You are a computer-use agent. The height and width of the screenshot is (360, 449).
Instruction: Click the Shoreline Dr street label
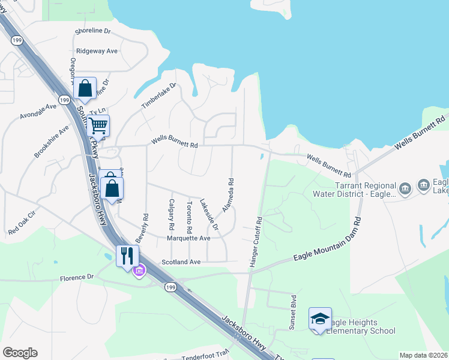pyautogui.click(x=94, y=31)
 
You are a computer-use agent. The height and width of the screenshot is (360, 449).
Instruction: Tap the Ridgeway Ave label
pyautogui.click(x=97, y=52)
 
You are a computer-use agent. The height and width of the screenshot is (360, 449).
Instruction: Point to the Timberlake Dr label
pyautogui.click(x=158, y=96)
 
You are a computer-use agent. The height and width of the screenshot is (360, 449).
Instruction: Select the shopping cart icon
pyautogui.click(x=98, y=126)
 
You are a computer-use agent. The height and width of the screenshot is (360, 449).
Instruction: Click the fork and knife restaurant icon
pyautogui.click(x=127, y=256)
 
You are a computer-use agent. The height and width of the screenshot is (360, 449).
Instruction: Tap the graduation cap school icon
pyautogui.click(x=320, y=319)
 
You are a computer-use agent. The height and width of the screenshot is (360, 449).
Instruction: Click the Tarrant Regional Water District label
pyautogui.click(x=354, y=190)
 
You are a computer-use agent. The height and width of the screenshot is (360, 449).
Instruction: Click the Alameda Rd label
pyautogui.click(x=228, y=194)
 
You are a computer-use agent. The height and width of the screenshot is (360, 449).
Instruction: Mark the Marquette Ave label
pyautogui.click(x=188, y=238)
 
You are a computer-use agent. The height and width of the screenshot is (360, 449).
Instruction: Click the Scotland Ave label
pyautogui.click(x=181, y=262)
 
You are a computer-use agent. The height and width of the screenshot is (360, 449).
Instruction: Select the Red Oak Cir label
pyautogui.click(x=22, y=222)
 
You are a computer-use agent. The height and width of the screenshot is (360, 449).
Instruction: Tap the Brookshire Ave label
pyautogui.click(x=52, y=142)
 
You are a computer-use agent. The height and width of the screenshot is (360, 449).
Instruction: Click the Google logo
pyautogui.click(x=20, y=353)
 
